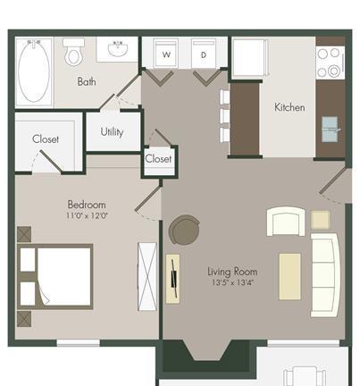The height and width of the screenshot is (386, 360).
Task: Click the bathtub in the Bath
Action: (34, 72)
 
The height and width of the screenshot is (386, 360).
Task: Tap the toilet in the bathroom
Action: (73, 53)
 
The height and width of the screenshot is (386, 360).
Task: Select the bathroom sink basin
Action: (118, 48)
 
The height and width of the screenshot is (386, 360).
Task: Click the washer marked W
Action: (166, 53)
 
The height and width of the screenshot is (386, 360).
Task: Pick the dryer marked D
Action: (204, 54)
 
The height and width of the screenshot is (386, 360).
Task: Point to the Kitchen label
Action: (289, 107)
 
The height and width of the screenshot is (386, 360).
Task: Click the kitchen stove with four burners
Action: (330, 63)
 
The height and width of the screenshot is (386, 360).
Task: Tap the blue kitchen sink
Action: (330, 129)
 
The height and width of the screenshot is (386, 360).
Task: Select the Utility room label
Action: (112, 132)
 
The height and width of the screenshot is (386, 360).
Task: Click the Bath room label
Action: (87, 81)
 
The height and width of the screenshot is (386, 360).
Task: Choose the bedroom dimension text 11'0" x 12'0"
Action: (87, 215)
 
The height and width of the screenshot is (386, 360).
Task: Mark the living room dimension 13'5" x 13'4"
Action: (232, 282)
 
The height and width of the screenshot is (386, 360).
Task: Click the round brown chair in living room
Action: (184, 230)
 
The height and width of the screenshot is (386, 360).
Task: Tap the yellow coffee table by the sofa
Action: (289, 277)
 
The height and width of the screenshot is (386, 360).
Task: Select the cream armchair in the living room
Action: (286, 222)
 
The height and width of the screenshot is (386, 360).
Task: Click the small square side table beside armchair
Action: (321, 220)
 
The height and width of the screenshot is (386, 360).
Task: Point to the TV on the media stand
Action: (174, 278)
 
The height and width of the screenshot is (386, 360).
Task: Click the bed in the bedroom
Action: (55, 277)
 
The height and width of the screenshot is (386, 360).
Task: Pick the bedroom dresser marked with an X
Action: (147, 277)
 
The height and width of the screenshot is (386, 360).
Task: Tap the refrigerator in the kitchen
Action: (249, 57)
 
